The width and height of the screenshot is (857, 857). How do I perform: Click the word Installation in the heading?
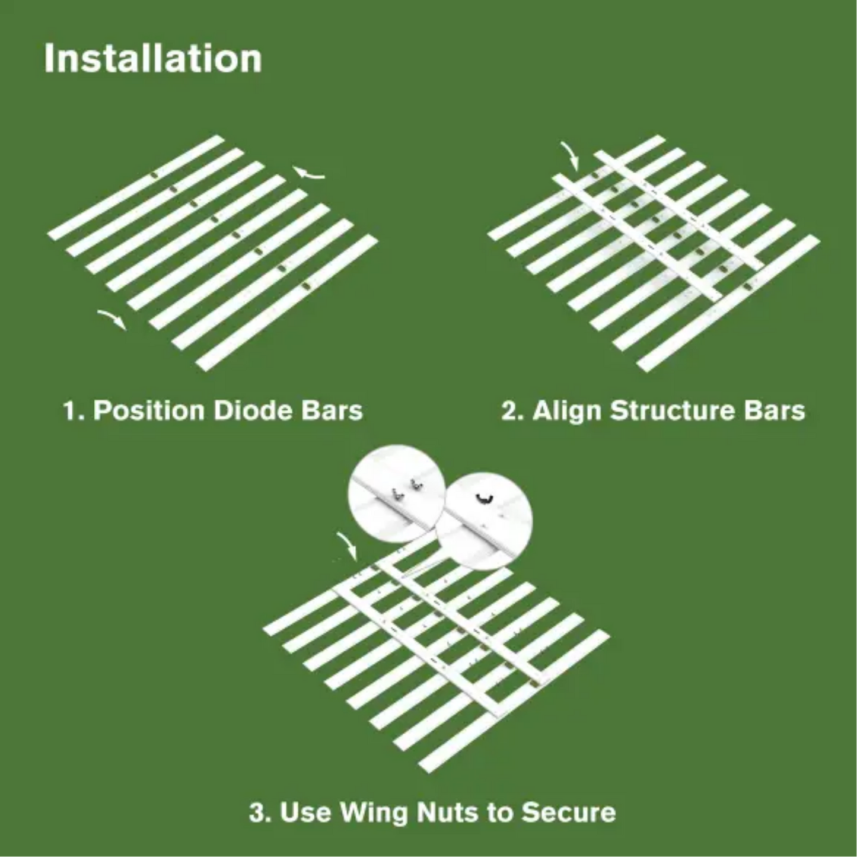[x=153, y=58]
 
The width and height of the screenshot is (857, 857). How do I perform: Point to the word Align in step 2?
[x=568, y=410]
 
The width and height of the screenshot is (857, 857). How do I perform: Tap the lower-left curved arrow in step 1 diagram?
[x=112, y=318]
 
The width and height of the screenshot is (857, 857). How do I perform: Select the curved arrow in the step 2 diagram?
[x=571, y=156]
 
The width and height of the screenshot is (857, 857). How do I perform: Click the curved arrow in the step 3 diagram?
[x=348, y=545]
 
